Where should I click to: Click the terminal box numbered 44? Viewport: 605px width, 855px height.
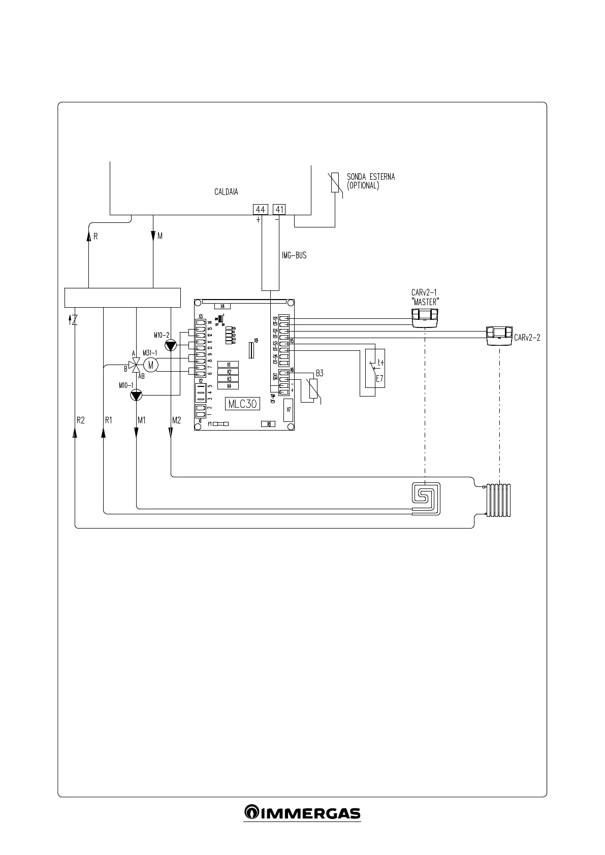(x=260, y=209)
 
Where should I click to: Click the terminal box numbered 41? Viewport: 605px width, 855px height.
(x=279, y=209)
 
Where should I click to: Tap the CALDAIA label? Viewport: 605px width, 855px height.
(x=226, y=192)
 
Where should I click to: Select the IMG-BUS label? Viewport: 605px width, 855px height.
(x=294, y=256)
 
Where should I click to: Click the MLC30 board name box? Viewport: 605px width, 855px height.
(x=242, y=404)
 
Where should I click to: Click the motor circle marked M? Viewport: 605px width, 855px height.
(x=151, y=364)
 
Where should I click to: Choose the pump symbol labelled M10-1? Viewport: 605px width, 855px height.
(x=137, y=395)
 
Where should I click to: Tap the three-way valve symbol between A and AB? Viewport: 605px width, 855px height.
(x=135, y=364)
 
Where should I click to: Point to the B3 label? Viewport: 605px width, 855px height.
(x=319, y=373)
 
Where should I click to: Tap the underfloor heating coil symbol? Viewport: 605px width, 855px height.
(x=426, y=498)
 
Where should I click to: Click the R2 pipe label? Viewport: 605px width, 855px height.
(x=80, y=420)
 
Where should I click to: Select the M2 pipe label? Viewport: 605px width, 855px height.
(x=176, y=420)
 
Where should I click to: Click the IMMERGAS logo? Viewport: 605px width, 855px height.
(x=302, y=812)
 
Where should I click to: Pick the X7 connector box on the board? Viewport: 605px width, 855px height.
(x=288, y=410)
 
